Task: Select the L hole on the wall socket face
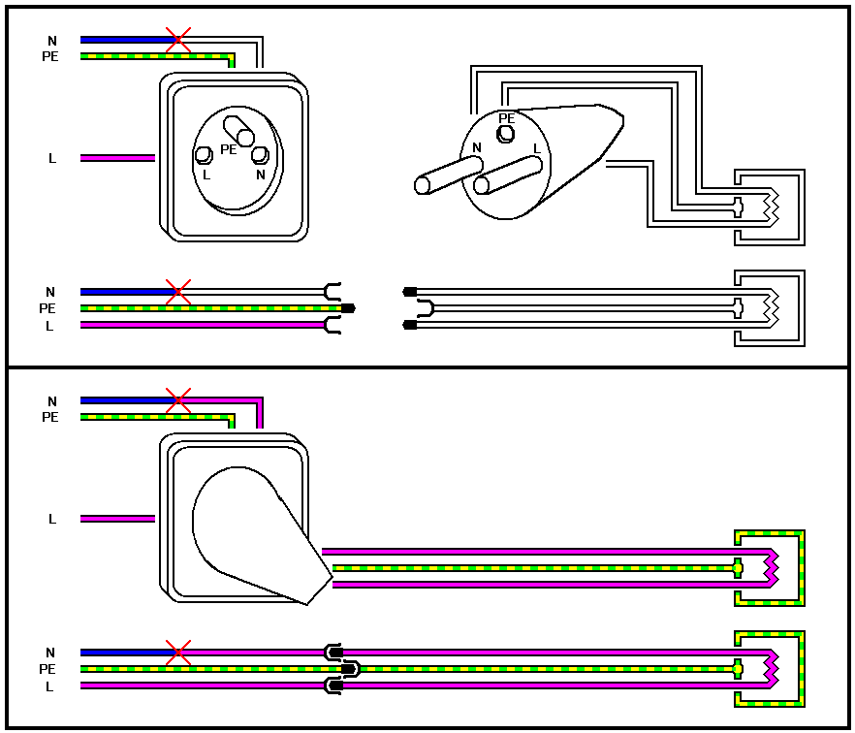click(x=204, y=155)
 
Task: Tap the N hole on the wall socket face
click(x=259, y=154)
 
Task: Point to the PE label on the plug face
click(x=506, y=118)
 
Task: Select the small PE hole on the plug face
click(x=506, y=133)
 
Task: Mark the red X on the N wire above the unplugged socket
click(x=177, y=40)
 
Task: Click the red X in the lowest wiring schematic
click(x=177, y=652)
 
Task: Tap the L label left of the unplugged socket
click(x=52, y=158)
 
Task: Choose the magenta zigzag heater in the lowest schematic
click(x=772, y=669)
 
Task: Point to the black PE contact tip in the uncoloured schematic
click(x=348, y=308)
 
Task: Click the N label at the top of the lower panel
click(x=52, y=400)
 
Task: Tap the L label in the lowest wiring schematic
click(x=52, y=686)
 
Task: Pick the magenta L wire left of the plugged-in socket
click(x=117, y=519)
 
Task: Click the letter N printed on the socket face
click(x=260, y=175)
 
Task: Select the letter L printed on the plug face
click(x=536, y=148)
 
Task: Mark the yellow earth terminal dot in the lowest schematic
click(x=738, y=669)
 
